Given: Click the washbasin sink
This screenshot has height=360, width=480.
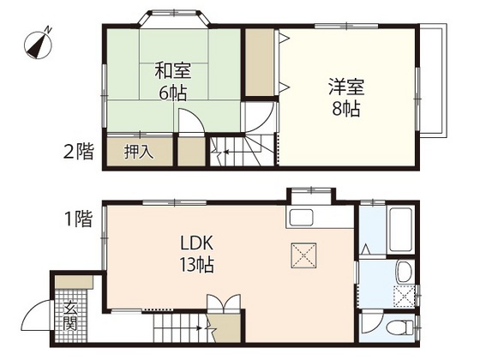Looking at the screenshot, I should (402, 274).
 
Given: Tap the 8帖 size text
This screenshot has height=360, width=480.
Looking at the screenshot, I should (347, 109).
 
